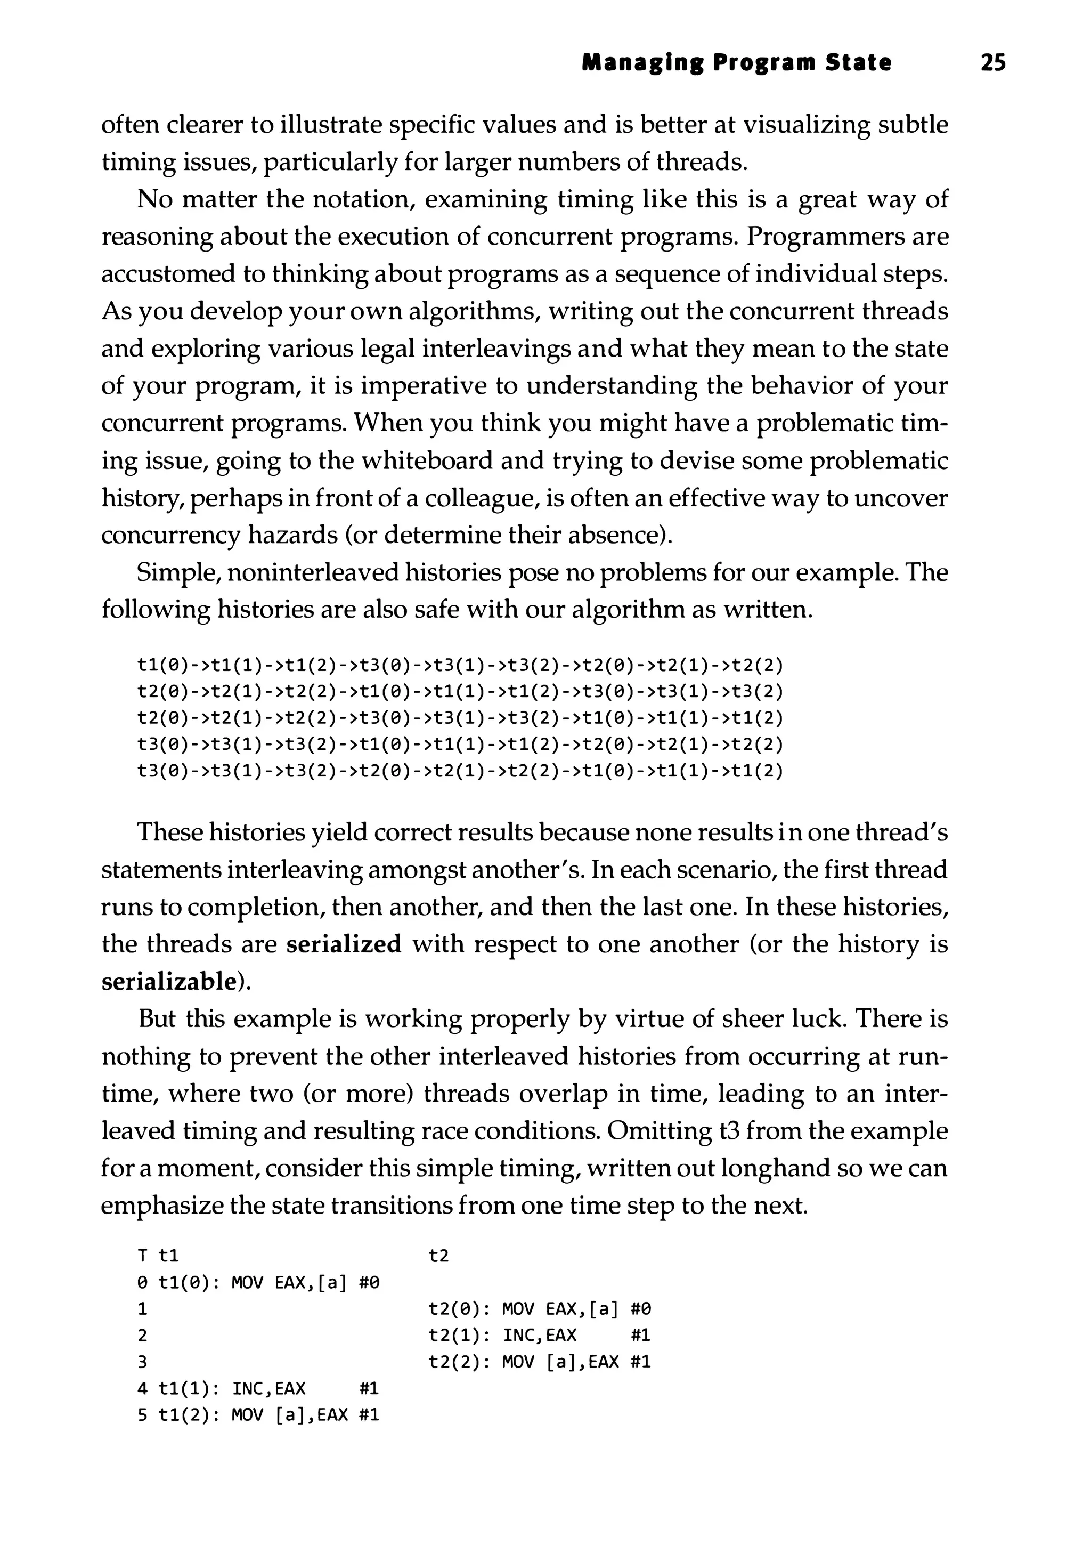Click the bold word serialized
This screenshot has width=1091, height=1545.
tap(344, 944)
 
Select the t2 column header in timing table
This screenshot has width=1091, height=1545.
tap(438, 1256)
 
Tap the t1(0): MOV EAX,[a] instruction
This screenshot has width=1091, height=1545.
tap(269, 1283)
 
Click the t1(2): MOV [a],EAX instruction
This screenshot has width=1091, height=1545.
tap(269, 1414)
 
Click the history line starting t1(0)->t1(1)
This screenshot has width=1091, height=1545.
tap(460, 666)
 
